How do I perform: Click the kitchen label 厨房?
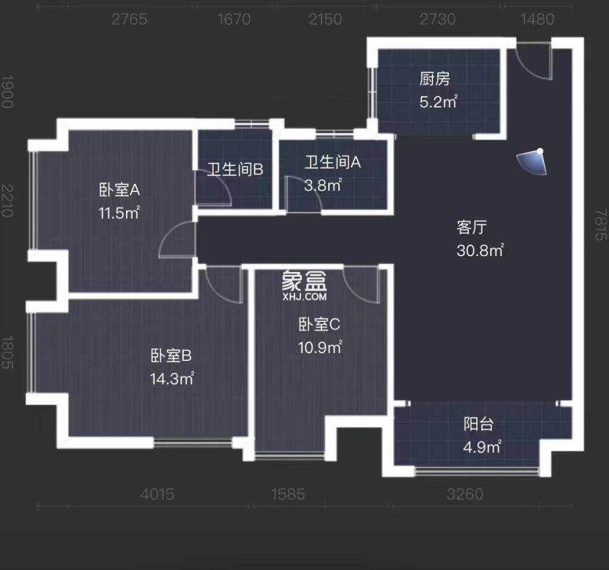pos(434,79)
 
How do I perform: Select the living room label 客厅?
pos(471,227)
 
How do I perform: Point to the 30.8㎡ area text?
pos(480,250)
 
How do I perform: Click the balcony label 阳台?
pos(479,424)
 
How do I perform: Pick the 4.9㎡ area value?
pos(482,447)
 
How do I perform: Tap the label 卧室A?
pos(120,190)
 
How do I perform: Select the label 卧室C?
pos(319,325)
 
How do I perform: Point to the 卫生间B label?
pos(235,169)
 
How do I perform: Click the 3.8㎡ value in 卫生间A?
pos(322,185)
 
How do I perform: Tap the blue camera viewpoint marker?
pos(532,161)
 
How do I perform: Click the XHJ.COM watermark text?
pos(304,297)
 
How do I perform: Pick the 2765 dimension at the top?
pos(129,20)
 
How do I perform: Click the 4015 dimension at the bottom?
pos(157,494)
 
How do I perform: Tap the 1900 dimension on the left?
pos(7,91)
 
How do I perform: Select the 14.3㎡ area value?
pos(172,378)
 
